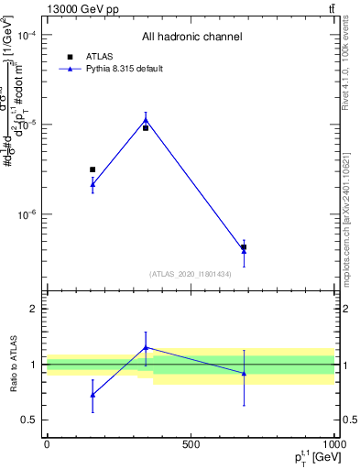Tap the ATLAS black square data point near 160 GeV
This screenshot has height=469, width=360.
(x=93, y=169)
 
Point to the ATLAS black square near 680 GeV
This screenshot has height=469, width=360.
(x=244, y=247)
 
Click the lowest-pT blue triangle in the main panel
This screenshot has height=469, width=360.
(x=93, y=184)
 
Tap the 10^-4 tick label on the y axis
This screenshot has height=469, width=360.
(x=27, y=35)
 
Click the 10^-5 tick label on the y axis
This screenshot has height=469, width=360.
(x=27, y=125)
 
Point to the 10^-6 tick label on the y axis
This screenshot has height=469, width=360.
(x=27, y=214)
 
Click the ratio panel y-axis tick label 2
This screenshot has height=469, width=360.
(x=33, y=309)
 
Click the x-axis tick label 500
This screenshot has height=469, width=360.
(x=191, y=444)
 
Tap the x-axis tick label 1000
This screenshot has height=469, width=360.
(x=334, y=444)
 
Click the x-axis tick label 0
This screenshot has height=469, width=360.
(x=47, y=444)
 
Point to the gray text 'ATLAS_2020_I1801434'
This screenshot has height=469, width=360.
(x=190, y=274)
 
